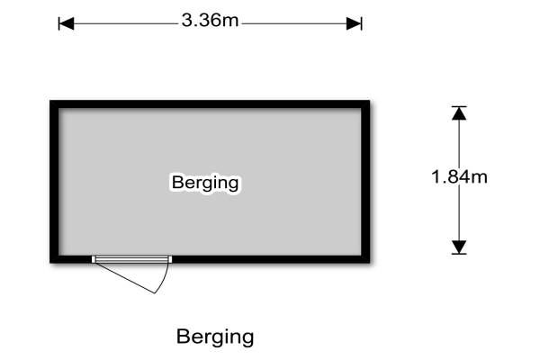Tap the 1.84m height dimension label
pyautogui.click(x=460, y=177)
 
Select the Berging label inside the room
pyautogui.click(x=205, y=183)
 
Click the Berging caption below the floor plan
pyautogui.click(x=215, y=337)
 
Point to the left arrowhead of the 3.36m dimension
pyautogui.click(x=64, y=22)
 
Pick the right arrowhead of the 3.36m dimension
pyautogui.click(x=356, y=22)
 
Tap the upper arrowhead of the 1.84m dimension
pyautogui.click(x=460, y=113)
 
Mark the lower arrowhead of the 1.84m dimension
pyautogui.click(x=460, y=247)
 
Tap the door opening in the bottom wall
pyautogui.click(x=132, y=259)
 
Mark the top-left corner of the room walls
pyautogui.click(x=54, y=104)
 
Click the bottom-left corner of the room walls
pyautogui.click(x=54, y=259)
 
